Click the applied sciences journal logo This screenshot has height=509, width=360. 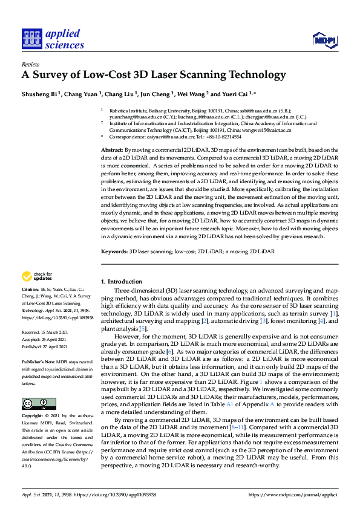(53, 39)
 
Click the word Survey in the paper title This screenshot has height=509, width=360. (53, 76)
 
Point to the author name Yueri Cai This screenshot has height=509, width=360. (237, 94)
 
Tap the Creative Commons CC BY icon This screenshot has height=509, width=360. (31, 403)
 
